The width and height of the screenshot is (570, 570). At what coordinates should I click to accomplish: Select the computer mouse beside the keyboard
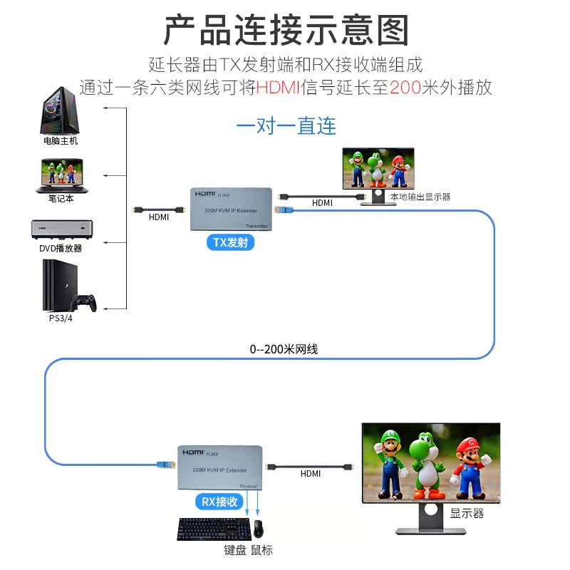pyautogui.click(x=258, y=529)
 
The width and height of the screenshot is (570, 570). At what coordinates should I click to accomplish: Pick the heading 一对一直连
pyautogui.click(x=286, y=126)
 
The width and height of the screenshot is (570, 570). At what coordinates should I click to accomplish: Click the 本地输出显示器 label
pyautogui.click(x=420, y=197)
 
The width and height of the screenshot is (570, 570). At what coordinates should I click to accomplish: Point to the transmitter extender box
pyautogui.click(x=232, y=209)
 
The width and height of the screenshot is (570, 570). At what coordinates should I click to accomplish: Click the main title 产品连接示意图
pyautogui.click(x=286, y=30)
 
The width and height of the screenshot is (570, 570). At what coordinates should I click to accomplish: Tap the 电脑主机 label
pyautogui.click(x=61, y=141)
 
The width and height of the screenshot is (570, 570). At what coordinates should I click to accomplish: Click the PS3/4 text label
pyautogui.click(x=60, y=318)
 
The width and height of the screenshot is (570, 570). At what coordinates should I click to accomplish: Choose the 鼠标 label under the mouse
pyautogui.click(x=261, y=550)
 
